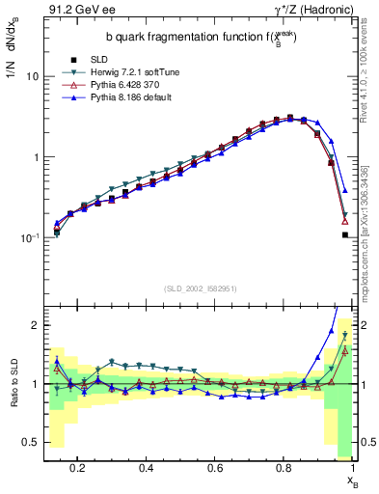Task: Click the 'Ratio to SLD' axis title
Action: (x=13, y=383)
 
